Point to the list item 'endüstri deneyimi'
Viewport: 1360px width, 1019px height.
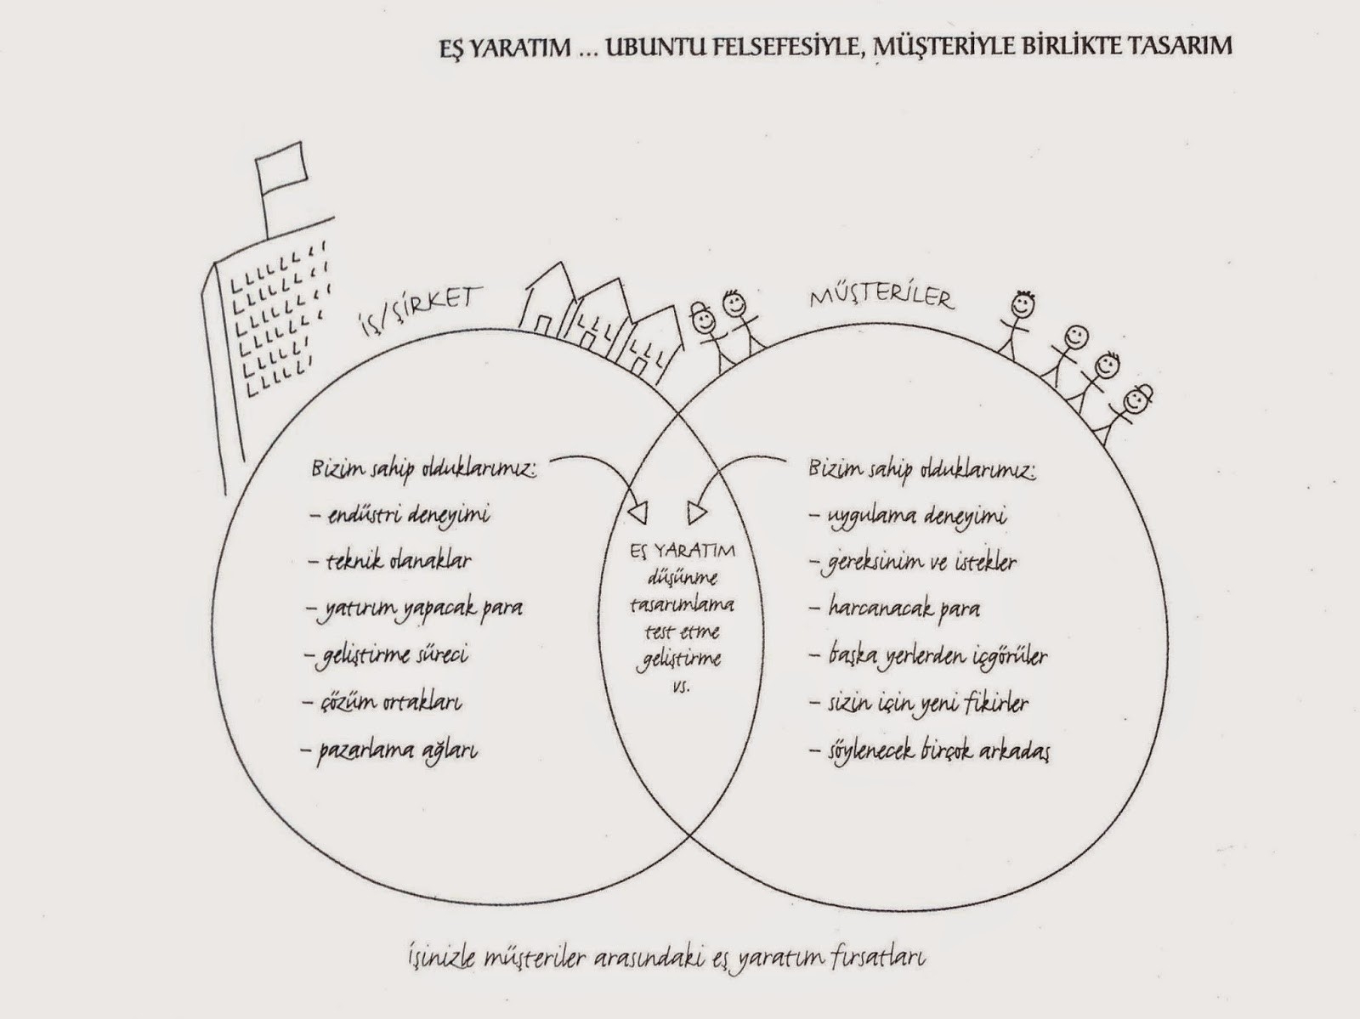pos(400,514)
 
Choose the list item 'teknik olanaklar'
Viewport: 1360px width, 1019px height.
pos(392,561)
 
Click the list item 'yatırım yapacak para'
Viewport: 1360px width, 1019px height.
pos(416,608)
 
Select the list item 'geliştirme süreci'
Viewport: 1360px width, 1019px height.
pos(388,655)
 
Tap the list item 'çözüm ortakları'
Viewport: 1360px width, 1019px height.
pos(385,703)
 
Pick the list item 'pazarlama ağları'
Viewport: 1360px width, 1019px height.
pos(390,750)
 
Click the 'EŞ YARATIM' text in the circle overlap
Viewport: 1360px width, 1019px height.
pos(683,551)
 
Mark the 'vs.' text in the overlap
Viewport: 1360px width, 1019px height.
pos(682,685)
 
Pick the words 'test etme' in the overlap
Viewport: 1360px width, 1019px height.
pos(682,631)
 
